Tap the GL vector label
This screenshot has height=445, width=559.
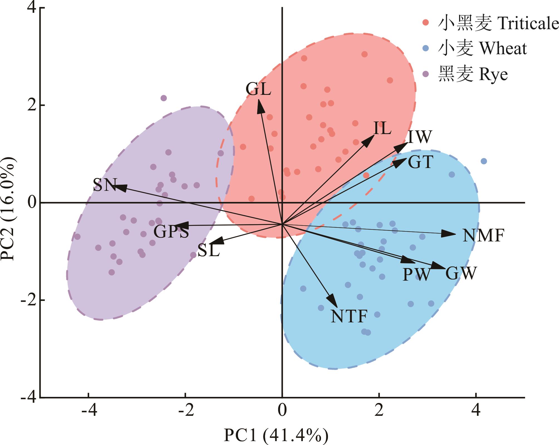[x=258, y=90]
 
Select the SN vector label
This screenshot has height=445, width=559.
[x=105, y=185]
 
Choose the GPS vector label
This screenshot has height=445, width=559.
[x=171, y=231]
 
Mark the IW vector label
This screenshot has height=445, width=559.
[x=420, y=137]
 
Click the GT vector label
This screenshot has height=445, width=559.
[x=420, y=162]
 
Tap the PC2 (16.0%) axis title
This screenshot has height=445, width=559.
[x=8, y=209]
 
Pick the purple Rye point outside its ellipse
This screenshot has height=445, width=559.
[x=164, y=98]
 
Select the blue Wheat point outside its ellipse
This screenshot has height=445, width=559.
[x=484, y=161]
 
